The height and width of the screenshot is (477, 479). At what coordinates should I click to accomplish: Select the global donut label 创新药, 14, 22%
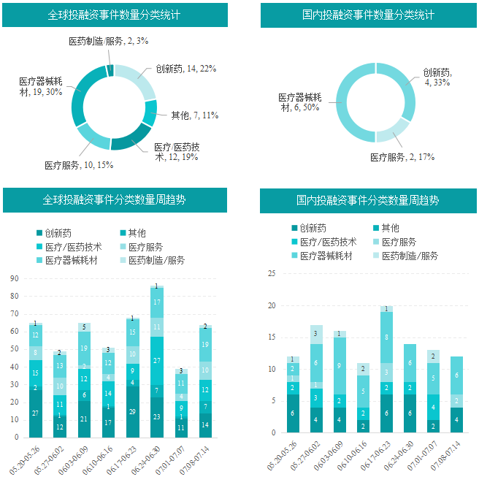185,69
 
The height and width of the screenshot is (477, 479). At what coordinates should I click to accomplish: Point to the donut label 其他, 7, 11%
194,115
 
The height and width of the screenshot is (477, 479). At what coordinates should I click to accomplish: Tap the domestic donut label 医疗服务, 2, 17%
402,157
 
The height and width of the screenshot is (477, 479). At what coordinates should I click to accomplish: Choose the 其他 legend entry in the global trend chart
132,233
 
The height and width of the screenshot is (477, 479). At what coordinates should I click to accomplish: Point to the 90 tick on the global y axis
15,278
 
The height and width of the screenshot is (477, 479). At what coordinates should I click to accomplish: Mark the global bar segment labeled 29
132,411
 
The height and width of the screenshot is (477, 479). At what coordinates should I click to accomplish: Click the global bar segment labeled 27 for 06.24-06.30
156,361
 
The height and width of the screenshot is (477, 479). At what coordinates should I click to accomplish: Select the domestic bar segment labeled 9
340,365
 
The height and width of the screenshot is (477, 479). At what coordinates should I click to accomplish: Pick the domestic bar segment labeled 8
386,337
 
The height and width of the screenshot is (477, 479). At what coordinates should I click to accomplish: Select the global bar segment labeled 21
84,419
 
